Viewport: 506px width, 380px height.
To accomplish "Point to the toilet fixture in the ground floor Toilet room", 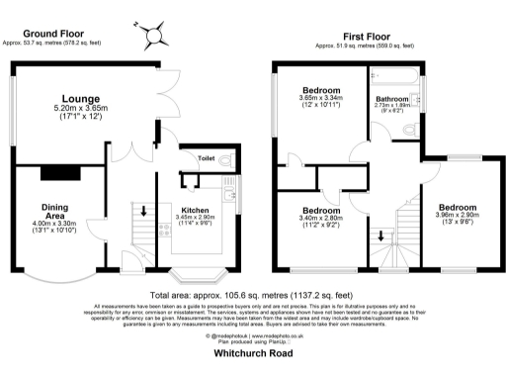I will [x=225, y=159].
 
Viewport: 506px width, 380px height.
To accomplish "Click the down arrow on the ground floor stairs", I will [x=143, y=211].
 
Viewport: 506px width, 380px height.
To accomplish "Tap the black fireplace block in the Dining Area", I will [x=52, y=174].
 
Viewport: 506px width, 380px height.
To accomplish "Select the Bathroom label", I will [x=393, y=100].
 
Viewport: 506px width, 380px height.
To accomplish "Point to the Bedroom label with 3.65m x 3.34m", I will [x=322, y=90].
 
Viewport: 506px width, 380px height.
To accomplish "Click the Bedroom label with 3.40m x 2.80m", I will [x=322, y=211].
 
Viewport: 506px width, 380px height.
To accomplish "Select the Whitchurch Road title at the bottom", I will [x=253, y=365].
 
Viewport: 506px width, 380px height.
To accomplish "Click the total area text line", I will [x=253, y=295].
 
